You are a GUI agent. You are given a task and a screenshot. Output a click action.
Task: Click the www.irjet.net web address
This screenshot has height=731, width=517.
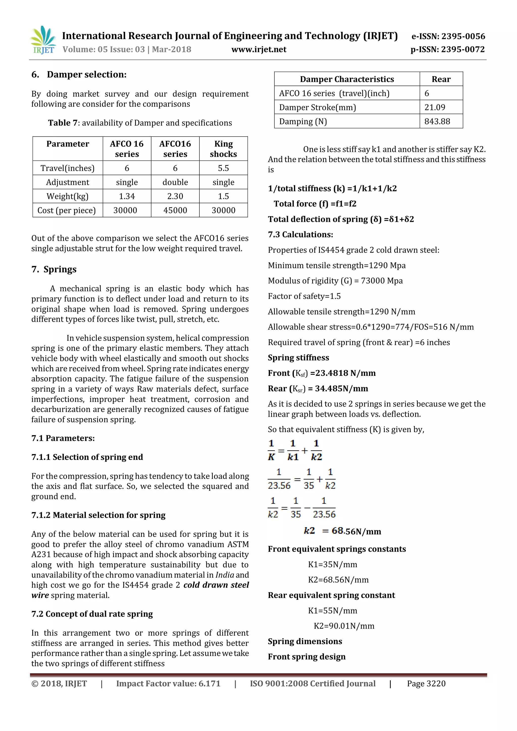coord(258,50)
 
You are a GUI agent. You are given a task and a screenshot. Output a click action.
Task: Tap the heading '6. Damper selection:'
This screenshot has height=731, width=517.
coord(79,74)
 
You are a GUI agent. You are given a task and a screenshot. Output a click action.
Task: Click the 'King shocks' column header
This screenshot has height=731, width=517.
coord(223,149)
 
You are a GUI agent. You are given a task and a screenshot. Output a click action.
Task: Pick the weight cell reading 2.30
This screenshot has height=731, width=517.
coord(175,196)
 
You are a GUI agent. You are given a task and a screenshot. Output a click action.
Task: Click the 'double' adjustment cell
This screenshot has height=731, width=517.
coord(175,182)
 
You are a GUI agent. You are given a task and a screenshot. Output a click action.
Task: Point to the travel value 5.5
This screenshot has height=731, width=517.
coord(223,168)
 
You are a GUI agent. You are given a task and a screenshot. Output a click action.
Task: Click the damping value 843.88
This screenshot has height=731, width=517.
coord(437,121)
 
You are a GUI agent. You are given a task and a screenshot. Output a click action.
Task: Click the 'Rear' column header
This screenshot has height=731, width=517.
coord(441,79)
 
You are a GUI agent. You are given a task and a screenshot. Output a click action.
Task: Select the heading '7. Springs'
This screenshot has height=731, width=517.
coord(54,269)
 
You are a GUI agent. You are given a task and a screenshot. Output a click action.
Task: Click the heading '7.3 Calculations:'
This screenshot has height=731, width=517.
coord(300,235)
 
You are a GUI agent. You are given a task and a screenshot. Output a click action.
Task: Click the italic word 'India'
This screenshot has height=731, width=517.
coord(224,575)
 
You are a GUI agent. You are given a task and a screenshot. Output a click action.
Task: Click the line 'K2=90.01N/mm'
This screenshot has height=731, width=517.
coord(344,626)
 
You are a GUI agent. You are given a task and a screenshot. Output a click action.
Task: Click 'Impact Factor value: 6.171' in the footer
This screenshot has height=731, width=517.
coord(168,684)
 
